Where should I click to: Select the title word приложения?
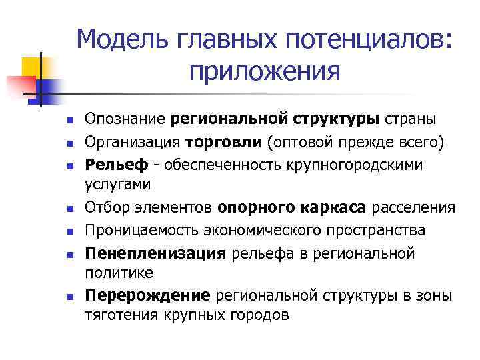coord(265,71)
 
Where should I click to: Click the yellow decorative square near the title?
coord(32,67)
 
